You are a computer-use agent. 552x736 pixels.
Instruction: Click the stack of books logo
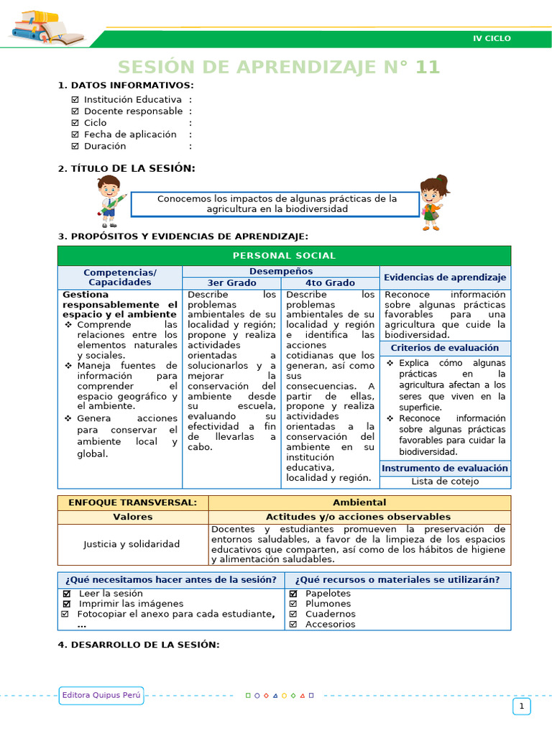point(45,28)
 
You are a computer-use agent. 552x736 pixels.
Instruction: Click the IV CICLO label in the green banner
point(492,38)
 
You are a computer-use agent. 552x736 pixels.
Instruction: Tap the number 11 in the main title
point(427,68)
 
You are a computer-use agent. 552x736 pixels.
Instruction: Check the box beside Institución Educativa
point(75,100)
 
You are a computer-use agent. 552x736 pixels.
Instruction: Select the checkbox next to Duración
point(75,146)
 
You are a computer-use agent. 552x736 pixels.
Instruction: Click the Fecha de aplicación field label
point(130,134)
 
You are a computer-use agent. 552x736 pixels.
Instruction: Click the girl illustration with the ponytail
point(433,202)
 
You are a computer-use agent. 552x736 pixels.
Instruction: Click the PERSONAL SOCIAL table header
point(284,256)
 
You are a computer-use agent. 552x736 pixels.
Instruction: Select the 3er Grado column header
point(231,283)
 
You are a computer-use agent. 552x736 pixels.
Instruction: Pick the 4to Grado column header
point(330,283)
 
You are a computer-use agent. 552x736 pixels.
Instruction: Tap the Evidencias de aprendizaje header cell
point(445,277)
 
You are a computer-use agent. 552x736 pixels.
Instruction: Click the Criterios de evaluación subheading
point(445,348)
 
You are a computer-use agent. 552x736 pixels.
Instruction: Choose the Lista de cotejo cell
point(445,482)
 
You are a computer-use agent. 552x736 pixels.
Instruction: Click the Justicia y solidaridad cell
point(132,544)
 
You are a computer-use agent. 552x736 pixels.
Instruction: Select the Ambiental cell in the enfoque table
point(359,502)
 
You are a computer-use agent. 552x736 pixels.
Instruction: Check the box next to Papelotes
point(293,594)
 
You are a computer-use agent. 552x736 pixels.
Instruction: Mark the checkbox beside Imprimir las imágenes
point(67,604)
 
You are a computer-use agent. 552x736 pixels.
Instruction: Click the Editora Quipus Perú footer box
point(102,695)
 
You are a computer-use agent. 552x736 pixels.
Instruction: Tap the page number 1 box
point(521,707)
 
